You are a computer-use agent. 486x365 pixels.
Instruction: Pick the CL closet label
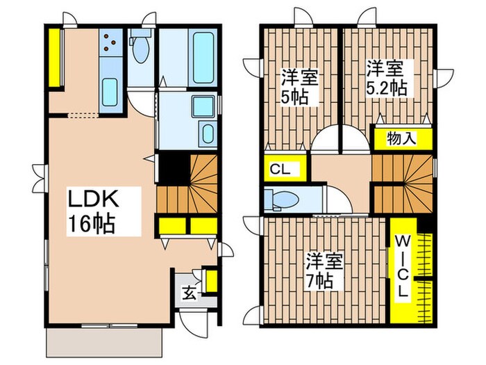coord(280,169)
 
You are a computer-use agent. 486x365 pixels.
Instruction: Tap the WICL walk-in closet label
coord(403,266)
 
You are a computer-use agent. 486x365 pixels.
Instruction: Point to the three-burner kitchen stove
coord(110,44)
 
